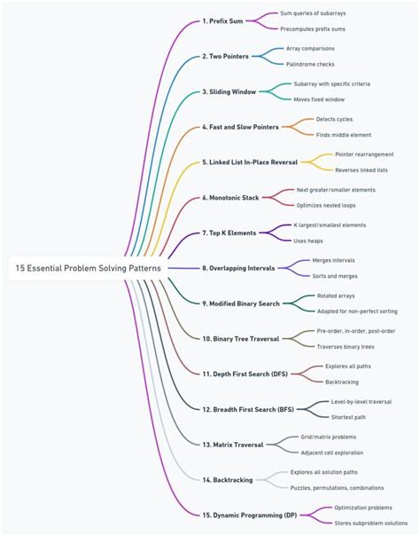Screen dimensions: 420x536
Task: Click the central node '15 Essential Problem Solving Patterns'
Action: [x=88, y=268]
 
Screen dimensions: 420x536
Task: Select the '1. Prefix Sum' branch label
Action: [x=222, y=21]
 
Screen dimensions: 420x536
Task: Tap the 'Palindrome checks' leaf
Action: [x=310, y=64]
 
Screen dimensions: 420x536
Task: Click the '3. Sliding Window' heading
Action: [x=229, y=91]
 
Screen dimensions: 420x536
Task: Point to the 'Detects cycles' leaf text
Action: [x=334, y=119]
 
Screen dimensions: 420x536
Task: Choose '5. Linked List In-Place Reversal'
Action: [x=250, y=162]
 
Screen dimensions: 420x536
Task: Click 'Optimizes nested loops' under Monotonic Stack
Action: [x=326, y=206]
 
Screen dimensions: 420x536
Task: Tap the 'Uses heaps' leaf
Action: [x=308, y=241]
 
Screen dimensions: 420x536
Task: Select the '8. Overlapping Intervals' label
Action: [x=238, y=268]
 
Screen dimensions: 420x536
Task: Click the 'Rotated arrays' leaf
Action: [x=336, y=296]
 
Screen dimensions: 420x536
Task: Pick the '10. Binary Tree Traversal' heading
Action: [x=241, y=339]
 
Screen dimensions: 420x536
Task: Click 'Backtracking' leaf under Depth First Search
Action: [x=342, y=382]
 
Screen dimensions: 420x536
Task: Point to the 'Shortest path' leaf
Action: [x=348, y=417]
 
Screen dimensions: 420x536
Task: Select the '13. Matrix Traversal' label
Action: [x=233, y=445]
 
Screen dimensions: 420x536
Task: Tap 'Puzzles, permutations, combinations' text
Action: [x=337, y=488]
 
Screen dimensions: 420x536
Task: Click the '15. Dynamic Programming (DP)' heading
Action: [x=250, y=516]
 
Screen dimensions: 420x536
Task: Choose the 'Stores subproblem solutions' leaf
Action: [x=371, y=524]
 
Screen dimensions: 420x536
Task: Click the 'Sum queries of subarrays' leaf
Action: [x=313, y=13]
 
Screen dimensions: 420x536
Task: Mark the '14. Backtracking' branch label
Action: [x=228, y=480]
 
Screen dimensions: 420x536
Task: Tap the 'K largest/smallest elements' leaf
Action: [x=330, y=225]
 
